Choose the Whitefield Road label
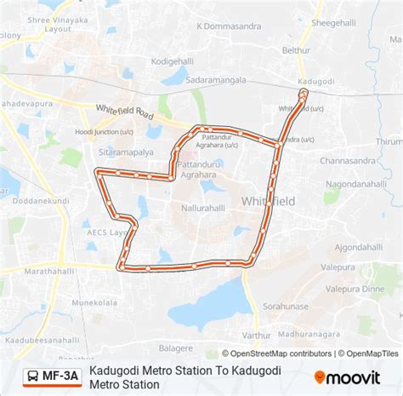[126, 112]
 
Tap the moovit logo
[350, 376]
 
